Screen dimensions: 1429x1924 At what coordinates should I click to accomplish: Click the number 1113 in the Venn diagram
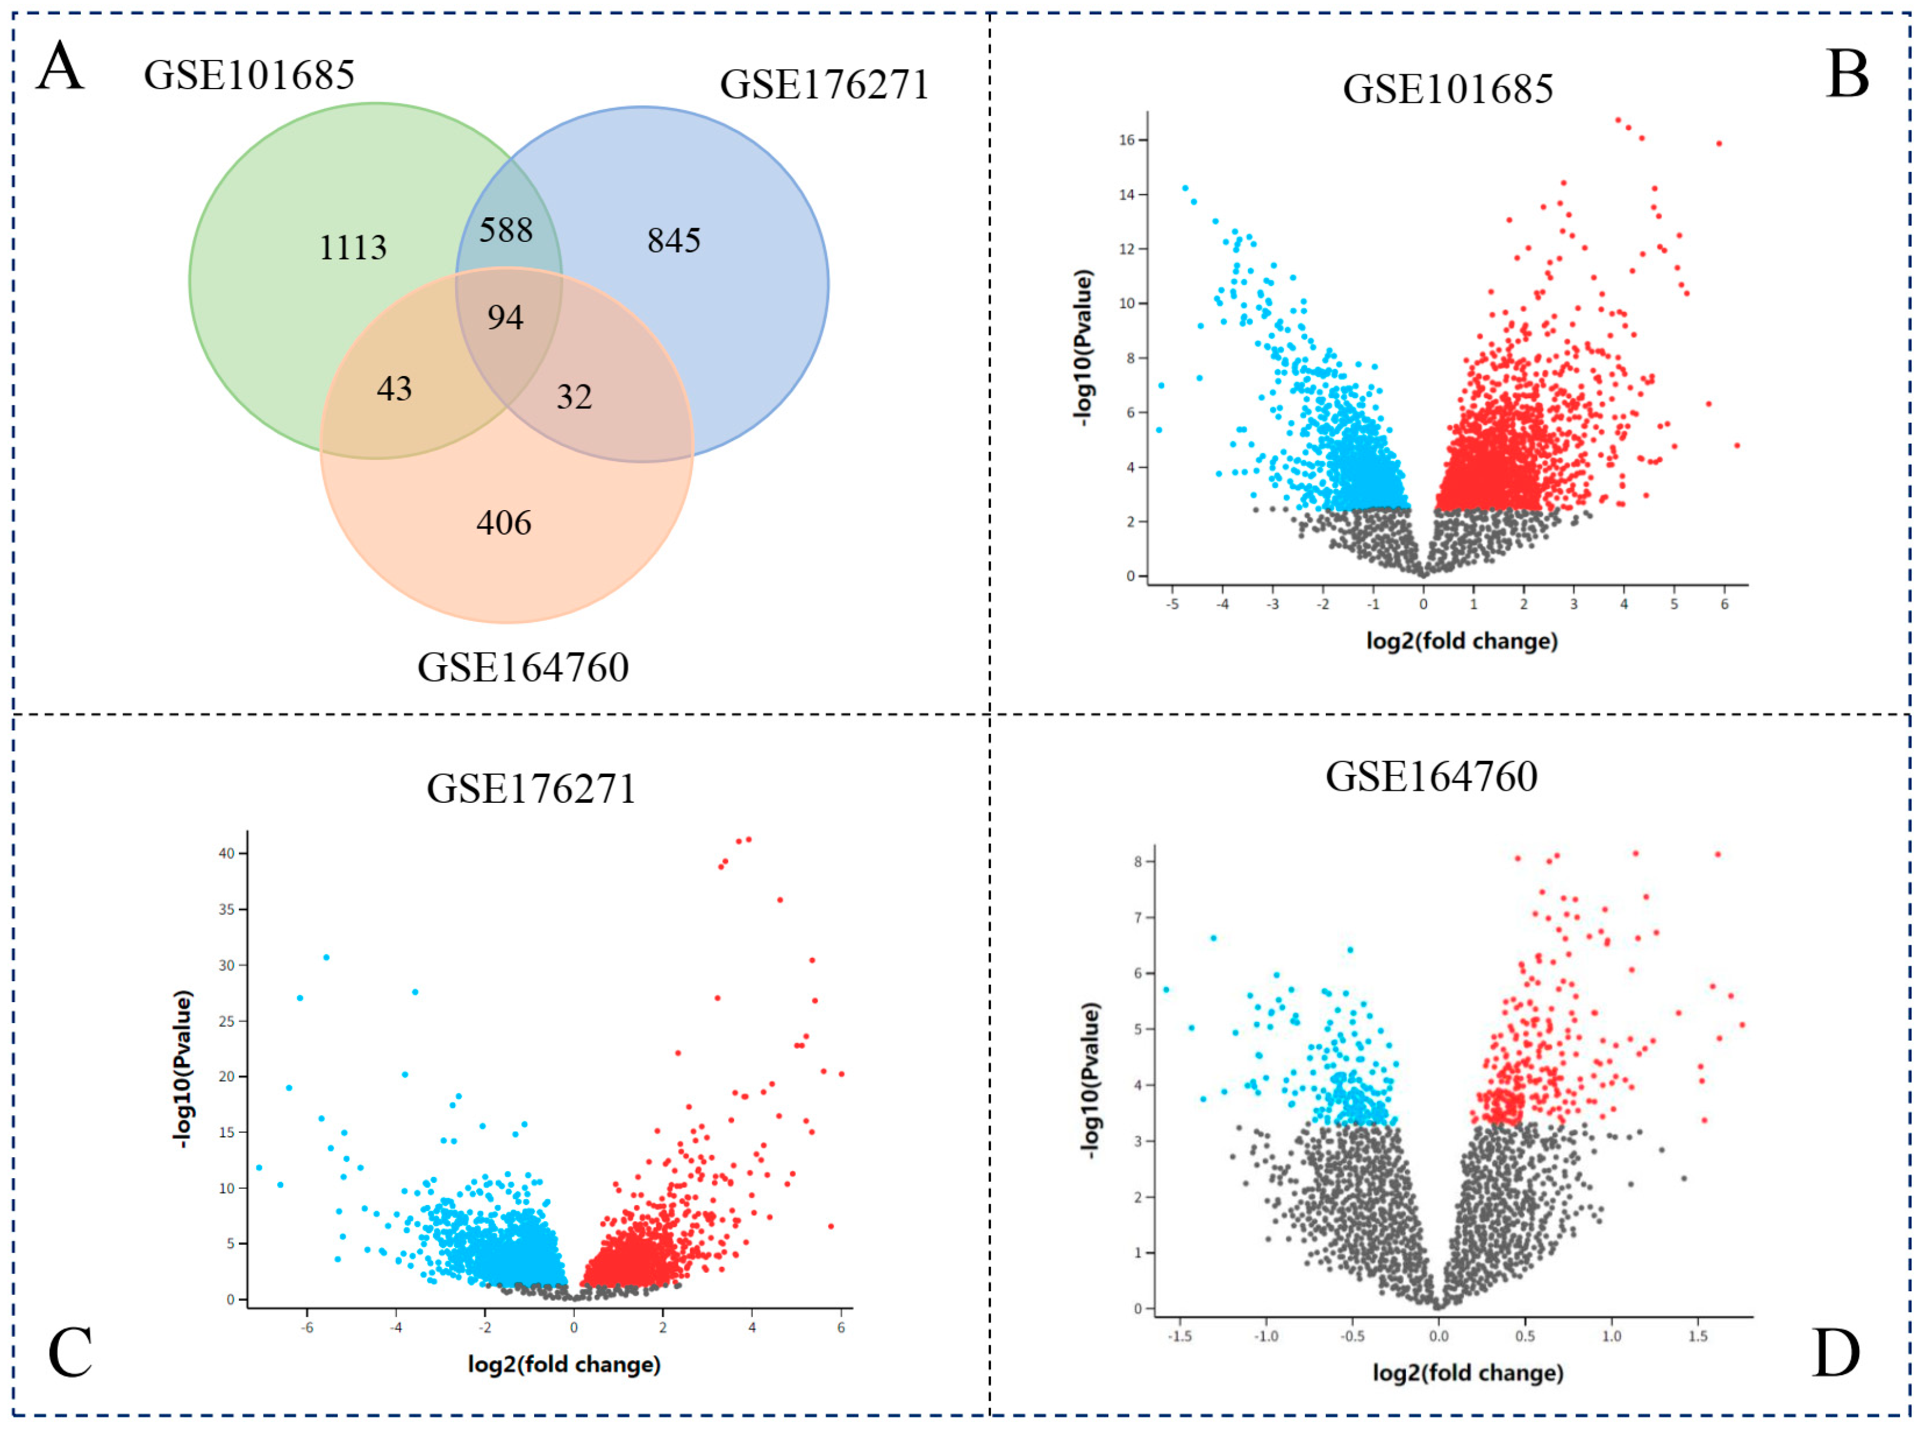[352, 248]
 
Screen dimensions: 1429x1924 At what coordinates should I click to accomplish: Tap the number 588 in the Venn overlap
[506, 230]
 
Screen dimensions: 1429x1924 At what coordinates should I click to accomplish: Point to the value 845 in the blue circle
[673, 241]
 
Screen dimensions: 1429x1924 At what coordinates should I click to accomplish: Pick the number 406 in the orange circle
[504, 523]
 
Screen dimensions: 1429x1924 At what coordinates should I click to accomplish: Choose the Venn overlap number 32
[574, 397]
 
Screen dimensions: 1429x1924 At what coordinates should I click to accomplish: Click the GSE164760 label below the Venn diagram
[523, 668]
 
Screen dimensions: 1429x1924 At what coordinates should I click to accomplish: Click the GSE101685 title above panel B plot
[1447, 89]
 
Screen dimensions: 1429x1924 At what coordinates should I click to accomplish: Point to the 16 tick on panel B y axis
[1126, 140]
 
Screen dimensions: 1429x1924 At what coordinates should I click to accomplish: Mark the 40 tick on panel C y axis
[227, 854]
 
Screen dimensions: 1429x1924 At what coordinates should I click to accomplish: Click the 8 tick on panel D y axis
[1138, 861]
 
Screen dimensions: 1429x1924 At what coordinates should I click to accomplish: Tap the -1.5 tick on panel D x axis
[1179, 1336]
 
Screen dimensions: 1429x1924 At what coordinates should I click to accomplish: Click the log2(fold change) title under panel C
[564, 1364]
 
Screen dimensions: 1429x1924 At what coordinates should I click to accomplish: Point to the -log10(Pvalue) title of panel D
[1091, 1081]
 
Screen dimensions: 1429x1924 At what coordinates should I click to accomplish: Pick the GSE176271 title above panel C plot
[531, 789]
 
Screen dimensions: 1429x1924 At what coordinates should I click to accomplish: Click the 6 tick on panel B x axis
[1723, 605]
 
